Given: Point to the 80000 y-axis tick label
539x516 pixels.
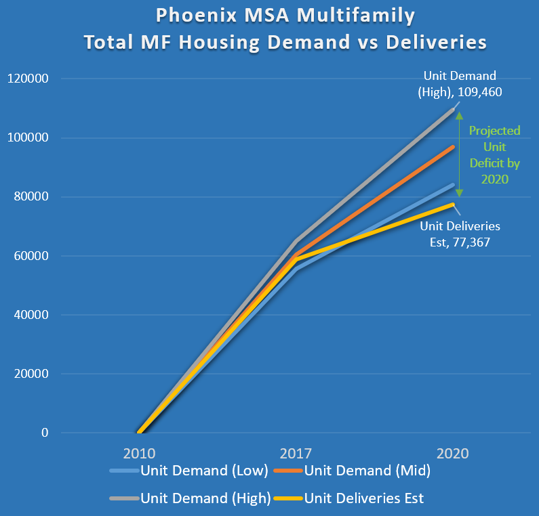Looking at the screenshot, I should click(x=30, y=197).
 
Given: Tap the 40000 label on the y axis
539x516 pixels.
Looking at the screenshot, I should click(x=30, y=315).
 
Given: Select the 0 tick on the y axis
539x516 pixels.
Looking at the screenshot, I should click(x=44, y=433).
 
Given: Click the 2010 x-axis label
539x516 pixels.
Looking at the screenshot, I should click(x=139, y=453).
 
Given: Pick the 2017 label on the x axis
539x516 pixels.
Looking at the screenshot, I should click(x=296, y=453).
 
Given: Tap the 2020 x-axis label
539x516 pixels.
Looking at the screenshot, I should click(x=453, y=453).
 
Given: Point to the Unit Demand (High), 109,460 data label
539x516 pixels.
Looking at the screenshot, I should click(x=460, y=83).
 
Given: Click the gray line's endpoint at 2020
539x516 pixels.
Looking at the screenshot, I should click(x=453, y=110).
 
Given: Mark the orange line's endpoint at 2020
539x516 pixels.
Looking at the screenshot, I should click(x=453, y=147).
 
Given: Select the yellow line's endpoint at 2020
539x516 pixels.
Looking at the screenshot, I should click(x=453, y=205).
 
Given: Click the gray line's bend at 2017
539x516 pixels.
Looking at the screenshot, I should click(x=296, y=241).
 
